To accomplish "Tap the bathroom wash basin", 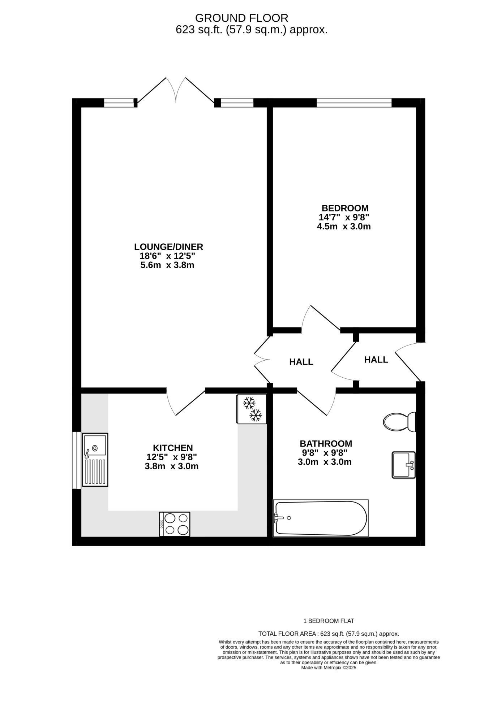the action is click(404, 465).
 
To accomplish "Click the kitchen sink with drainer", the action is click(95, 460).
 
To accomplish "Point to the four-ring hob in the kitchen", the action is click(174, 524).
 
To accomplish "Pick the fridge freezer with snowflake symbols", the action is click(251, 409).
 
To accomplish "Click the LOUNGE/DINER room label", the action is click(168, 247).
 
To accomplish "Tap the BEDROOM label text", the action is click(345, 208).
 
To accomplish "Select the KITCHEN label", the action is click(173, 448).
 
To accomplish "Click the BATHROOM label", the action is click(326, 444).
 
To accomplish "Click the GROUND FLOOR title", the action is click(242, 18).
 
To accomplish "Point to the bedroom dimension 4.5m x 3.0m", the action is click(344, 227).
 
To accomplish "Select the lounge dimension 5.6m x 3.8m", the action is click(167, 265).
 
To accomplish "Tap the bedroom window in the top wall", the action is click(354, 103).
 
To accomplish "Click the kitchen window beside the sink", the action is click(77, 460).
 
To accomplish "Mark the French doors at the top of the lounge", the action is click(176, 91).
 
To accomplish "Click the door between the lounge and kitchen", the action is click(186, 401).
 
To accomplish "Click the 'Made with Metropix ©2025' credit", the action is click(329, 668).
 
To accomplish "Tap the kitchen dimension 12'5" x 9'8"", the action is click(171, 457).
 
